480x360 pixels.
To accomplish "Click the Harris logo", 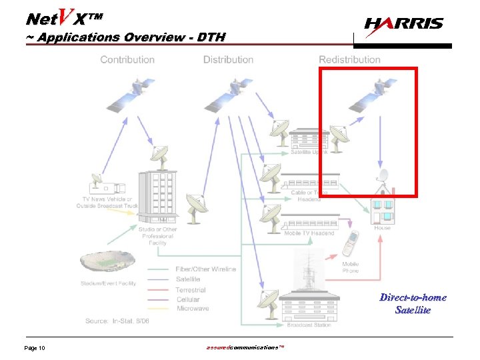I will pyautogui.click(x=404, y=25).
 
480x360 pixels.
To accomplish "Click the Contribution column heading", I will pyautogui.click(x=127, y=59).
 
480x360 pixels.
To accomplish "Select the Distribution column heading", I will pyautogui.click(x=228, y=59).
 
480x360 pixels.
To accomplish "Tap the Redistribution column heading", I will pyautogui.click(x=349, y=59).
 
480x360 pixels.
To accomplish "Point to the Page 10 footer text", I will pyautogui.click(x=35, y=349).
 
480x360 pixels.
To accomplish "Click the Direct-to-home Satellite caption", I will pyautogui.click(x=413, y=303).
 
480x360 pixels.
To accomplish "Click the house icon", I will pyautogui.click(x=382, y=207).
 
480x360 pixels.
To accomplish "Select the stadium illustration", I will pyautogui.click(x=105, y=265).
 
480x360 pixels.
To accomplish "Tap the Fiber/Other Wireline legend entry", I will pyautogui.click(x=205, y=269).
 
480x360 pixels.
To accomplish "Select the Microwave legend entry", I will pyautogui.click(x=192, y=309).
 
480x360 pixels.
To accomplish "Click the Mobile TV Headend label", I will pyautogui.click(x=309, y=233).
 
